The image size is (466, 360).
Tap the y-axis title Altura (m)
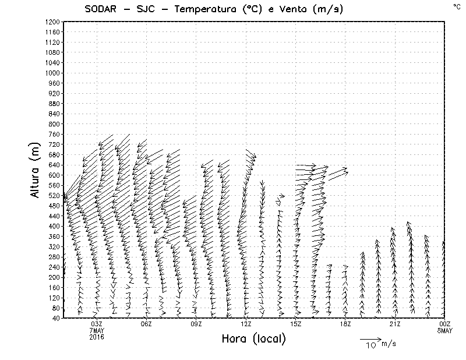point(36,170)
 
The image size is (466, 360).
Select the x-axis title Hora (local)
point(253,338)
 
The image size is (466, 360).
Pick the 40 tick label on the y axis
point(56,318)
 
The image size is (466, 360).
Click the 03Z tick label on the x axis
point(97,323)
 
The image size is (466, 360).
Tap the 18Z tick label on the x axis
point(345,323)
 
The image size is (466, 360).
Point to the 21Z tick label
point(395,323)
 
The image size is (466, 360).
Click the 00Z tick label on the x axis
point(445,323)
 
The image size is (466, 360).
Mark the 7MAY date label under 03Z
point(97,330)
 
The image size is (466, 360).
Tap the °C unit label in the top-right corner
point(456,6)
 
